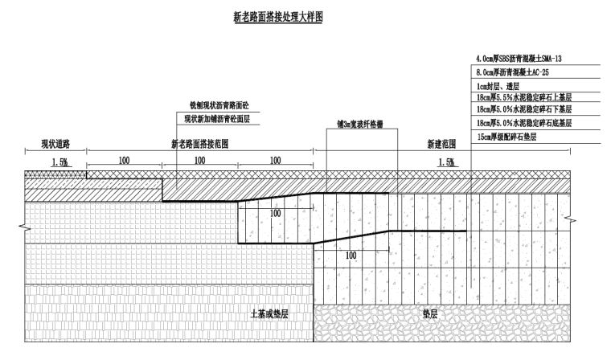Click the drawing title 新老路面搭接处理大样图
click(x=278, y=17)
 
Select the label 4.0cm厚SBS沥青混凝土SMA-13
click(x=519, y=59)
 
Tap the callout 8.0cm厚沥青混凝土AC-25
click(x=512, y=72)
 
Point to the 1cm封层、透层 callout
click(x=498, y=86)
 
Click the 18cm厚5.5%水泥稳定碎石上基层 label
click(x=524, y=97)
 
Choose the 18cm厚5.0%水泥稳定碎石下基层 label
click(x=524, y=109)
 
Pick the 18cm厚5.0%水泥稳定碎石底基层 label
click(x=524, y=123)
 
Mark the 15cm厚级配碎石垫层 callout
click(x=506, y=137)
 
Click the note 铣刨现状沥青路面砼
click(x=219, y=105)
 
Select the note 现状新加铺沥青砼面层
click(x=216, y=119)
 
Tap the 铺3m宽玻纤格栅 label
click(x=360, y=124)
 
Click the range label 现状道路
click(x=55, y=144)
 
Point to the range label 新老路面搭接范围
click(x=200, y=144)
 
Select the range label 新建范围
click(x=441, y=144)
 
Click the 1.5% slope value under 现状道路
click(x=59, y=162)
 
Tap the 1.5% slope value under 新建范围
click(x=446, y=162)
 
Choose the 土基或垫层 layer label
click(x=269, y=314)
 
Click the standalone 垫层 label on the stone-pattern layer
click(x=430, y=313)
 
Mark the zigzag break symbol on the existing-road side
click(x=24, y=227)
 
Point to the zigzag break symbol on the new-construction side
click(x=571, y=220)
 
